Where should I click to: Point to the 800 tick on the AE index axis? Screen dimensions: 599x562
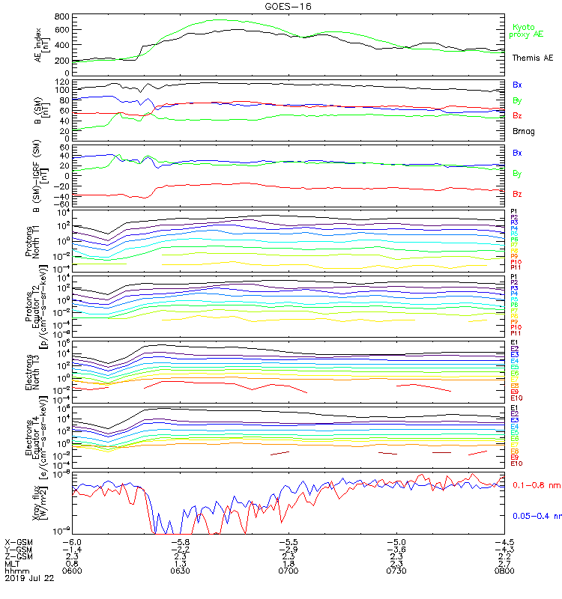62,16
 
